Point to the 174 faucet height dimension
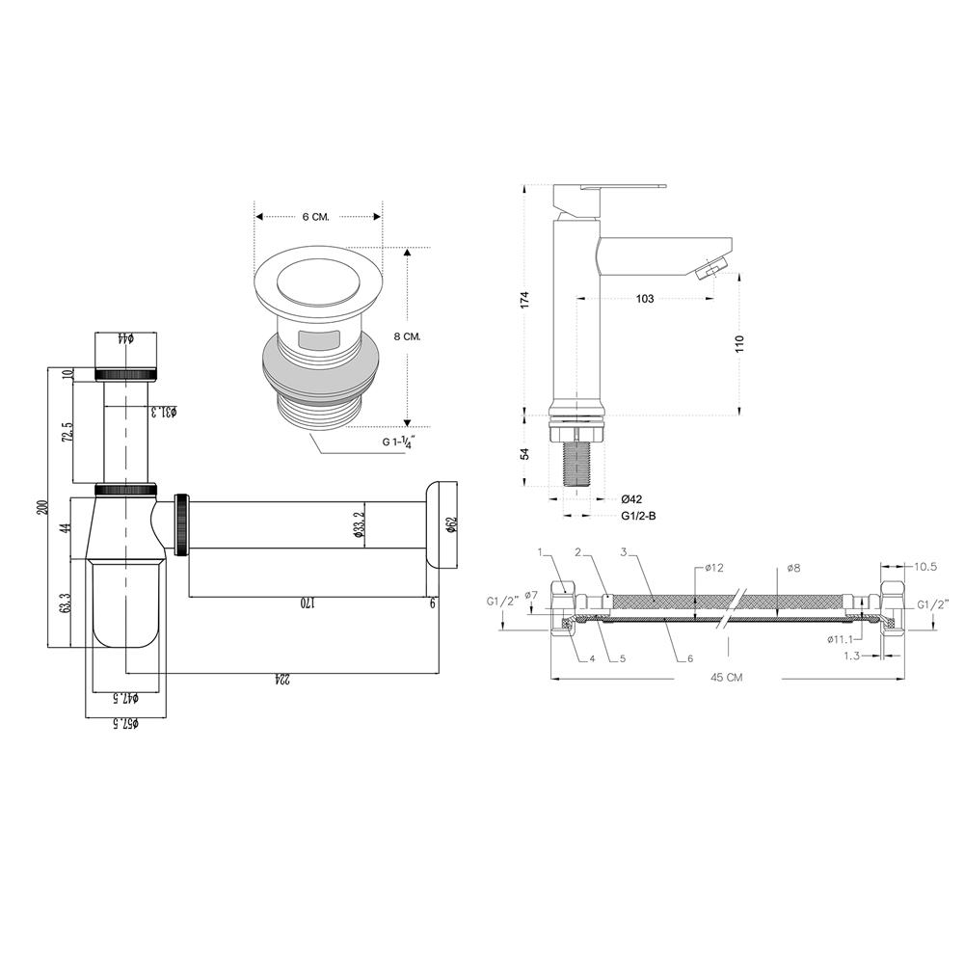(x=524, y=300)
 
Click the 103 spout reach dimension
(x=645, y=299)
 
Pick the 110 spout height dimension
(x=740, y=345)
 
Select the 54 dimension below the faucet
(x=524, y=454)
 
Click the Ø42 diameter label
(x=631, y=498)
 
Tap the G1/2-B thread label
(x=639, y=516)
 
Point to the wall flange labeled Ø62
(x=441, y=525)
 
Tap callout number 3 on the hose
(x=625, y=552)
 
